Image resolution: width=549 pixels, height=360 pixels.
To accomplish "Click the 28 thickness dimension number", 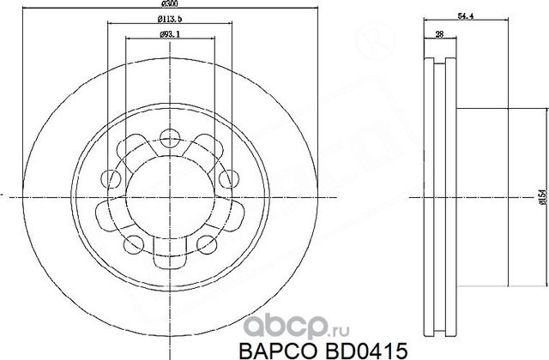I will pyautogui.click(x=439, y=33).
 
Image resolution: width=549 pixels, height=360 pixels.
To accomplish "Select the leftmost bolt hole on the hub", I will pyautogui.click(x=111, y=178).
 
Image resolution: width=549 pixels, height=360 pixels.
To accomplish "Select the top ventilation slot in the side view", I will pyautogui.click(x=441, y=65).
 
